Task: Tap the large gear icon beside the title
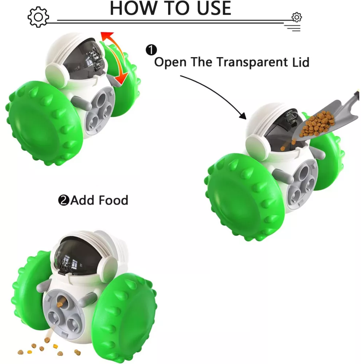click(38, 17)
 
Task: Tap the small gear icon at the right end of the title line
click(296, 17)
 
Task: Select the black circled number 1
click(151, 50)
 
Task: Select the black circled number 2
click(64, 200)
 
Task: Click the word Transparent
click(252, 62)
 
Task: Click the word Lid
click(301, 62)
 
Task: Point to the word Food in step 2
click(114, 200)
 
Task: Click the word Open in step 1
click(170, 63)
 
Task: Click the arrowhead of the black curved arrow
click(243, 116)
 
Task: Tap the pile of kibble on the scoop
click(317, 124)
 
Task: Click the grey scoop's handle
click(355, 95)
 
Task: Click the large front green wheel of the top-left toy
click(44, 123)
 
